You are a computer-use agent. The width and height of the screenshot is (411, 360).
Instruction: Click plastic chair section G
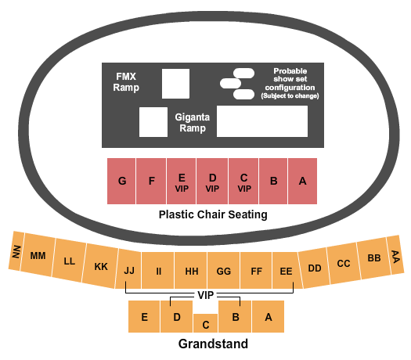pos(122,182)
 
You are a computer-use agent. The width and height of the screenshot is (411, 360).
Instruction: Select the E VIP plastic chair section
pos(182,182)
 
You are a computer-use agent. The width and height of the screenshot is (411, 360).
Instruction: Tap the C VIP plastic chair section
pos(243,182)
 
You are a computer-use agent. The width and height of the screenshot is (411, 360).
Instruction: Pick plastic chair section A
pos(302,182)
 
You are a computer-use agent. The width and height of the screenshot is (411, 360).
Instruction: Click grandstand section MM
pos(38,256)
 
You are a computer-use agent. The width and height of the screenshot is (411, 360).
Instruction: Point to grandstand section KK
pos(101,266)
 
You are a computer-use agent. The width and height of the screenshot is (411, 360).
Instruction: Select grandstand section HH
pos(191,272)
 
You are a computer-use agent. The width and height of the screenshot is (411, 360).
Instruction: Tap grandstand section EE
pos(285,272)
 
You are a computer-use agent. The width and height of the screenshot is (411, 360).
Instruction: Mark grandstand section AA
pos(395,256)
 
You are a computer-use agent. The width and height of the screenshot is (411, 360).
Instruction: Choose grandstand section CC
pos(343,263)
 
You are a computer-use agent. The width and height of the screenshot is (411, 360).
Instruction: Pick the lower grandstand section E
pos(145,317)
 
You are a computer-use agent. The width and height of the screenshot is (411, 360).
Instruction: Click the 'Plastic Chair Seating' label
pos(213,214)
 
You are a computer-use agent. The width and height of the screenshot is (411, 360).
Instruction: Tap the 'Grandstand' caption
pos(213,344)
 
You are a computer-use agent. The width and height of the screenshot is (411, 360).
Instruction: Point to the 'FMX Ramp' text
pos(126,82)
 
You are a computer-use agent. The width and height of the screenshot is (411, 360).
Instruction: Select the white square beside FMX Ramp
pos(175,83)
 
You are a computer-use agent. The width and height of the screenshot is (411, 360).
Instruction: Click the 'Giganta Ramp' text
pos(191,122)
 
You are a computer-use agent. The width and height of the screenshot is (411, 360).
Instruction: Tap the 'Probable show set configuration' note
pos(284,82)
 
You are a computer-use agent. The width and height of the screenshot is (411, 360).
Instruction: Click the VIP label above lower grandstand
pos(207,296)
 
